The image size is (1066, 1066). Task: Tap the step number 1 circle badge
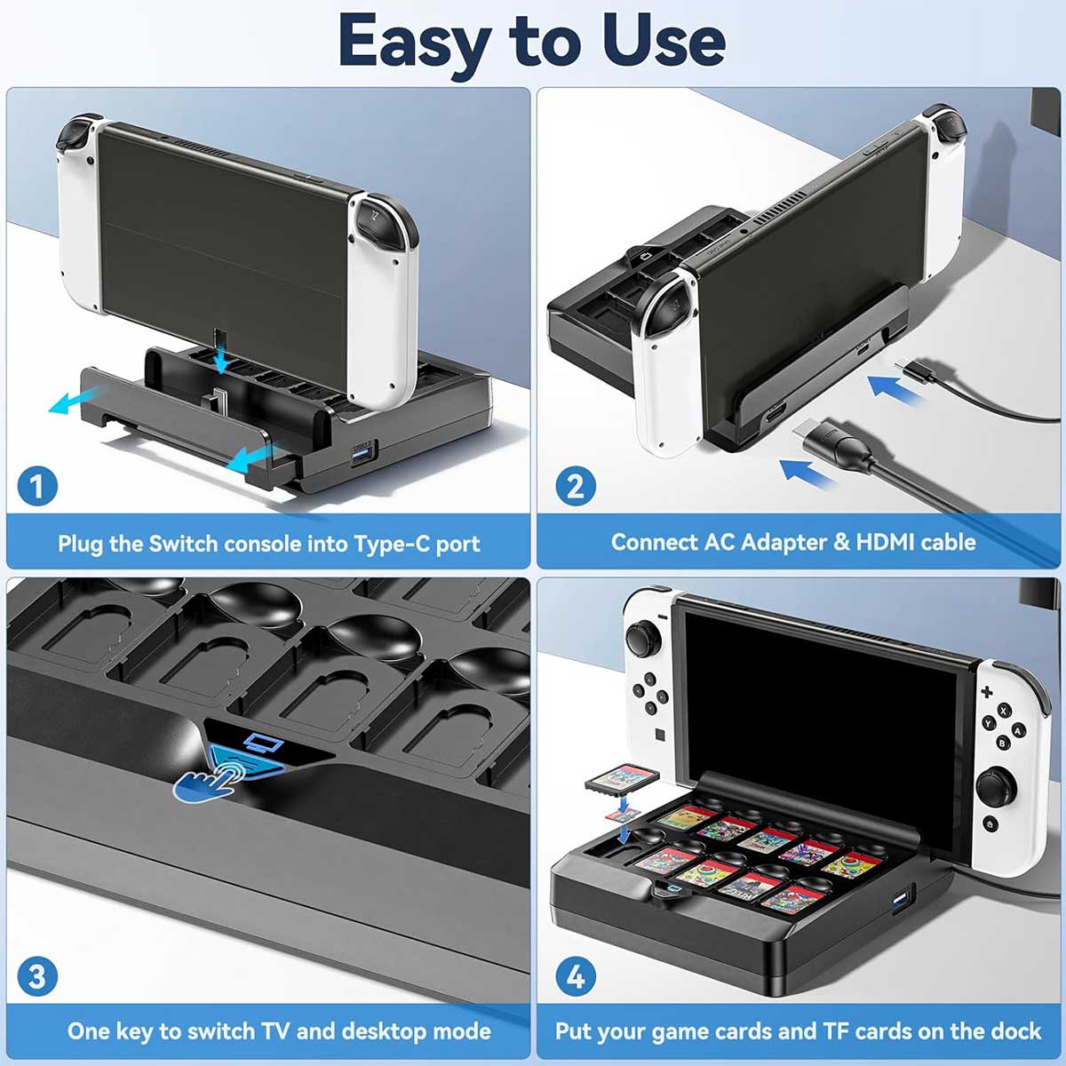point(37,486)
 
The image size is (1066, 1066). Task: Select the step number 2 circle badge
point(576,486)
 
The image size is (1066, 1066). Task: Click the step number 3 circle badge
point(37,976)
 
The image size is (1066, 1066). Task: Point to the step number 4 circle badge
point(576,976)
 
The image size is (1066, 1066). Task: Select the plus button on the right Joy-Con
point(986,691)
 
